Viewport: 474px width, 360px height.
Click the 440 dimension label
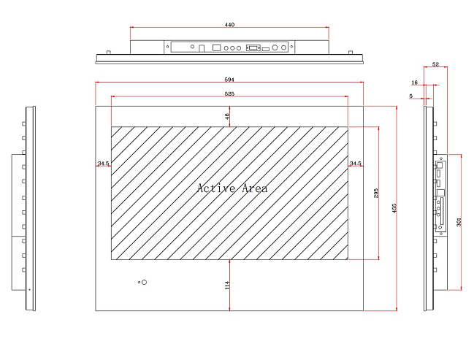click(x=229, y=25)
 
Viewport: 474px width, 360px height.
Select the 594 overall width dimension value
click(x=229, y=80)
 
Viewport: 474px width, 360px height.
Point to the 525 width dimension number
click(x=229, y=93)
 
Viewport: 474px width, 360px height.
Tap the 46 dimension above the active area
click(x=227, y=116)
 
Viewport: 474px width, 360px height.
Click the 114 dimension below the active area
click(x=227, y=286)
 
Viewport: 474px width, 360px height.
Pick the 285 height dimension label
click(x=376, y=194)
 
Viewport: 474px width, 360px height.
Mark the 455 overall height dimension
click(x=394, y=209)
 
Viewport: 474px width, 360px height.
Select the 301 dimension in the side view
click(x=459, y=222)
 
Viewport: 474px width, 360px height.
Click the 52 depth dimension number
click(x=435, y=64)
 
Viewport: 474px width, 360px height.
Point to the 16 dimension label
click(x=414, y=83)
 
